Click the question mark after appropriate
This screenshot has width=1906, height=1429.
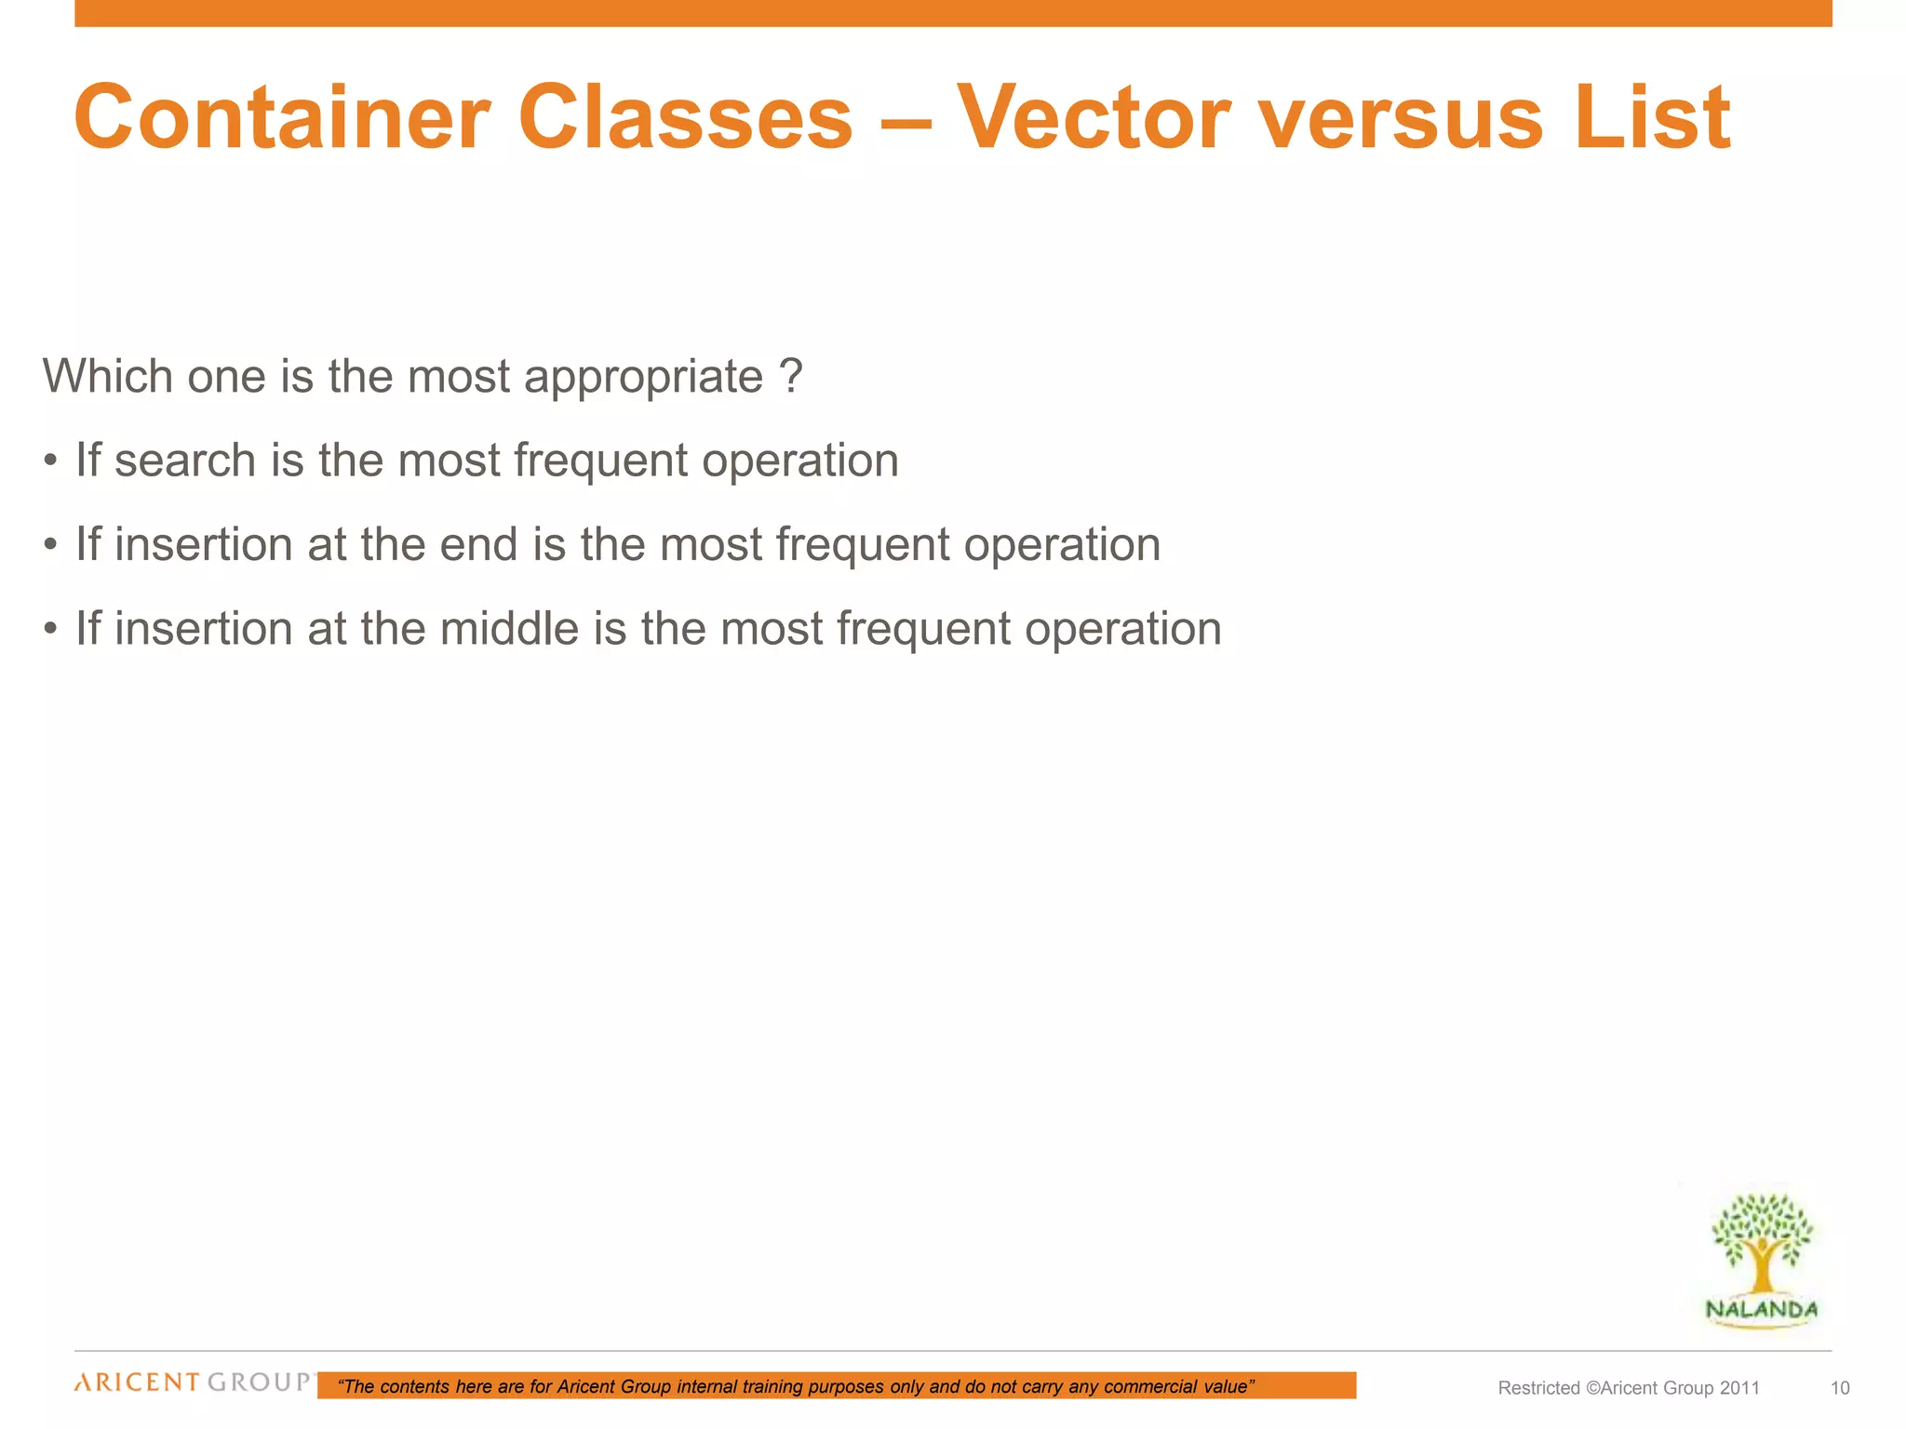pyautogui.click(x=790, y=377)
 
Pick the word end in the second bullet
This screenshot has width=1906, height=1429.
pyautogui.click(x=478, y=545)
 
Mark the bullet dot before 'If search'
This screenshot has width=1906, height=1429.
pyautogui.click(x=51, y=461)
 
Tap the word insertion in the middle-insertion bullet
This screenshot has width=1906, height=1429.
pyautogui.click(x=204, y=629)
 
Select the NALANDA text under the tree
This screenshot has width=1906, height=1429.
pyautogui.click(x=1761, y=1310)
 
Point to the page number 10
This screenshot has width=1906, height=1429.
pyautogui.click(x=1840, y=1388)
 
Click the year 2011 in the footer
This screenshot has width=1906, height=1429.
pyautogui.click(x=1739, y=1388)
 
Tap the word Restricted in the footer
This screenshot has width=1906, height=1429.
pyautogui.click(x=1538, y=1388)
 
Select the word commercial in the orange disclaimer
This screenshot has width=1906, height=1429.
pyautogui.click(x=1150, y=1387)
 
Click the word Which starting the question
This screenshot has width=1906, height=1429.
pyautogui.click(x=107, y=378)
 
